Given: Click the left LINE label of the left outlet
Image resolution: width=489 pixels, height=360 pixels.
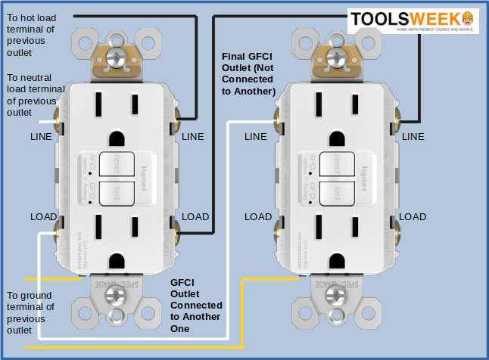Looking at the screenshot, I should click(42, 136).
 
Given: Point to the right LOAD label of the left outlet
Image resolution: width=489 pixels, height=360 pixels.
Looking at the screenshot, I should click(195, 216).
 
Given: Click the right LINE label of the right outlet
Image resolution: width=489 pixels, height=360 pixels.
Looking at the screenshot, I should click(413, 136).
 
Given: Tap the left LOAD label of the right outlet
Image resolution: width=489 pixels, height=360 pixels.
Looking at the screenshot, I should click(258, 216).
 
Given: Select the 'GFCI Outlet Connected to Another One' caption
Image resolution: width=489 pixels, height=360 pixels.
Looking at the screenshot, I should click(195, 305).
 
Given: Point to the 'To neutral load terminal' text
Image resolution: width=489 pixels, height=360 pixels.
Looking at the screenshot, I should click(35, 95).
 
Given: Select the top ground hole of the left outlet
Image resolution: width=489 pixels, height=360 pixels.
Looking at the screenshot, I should click(116, 138).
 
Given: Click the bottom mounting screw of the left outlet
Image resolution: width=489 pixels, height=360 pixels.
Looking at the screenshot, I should click(116, 294).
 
